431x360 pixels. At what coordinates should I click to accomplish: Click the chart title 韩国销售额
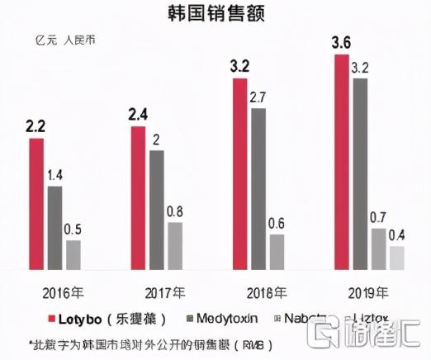[x=215, y=14]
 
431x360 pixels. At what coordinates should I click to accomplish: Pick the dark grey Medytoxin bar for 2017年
[x=157, y=211]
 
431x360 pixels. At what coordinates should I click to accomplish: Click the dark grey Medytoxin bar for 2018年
[x=259, y=189]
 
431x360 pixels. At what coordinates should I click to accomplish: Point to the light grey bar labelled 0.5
[x=73, y=254]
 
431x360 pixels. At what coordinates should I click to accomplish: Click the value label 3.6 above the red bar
[x=340, y=41]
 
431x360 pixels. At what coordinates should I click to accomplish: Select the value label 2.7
[x=258, y=97]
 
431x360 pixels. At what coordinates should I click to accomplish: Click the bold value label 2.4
[x=138, y=115]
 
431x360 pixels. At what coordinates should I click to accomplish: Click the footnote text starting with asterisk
[x=149, y=343]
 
